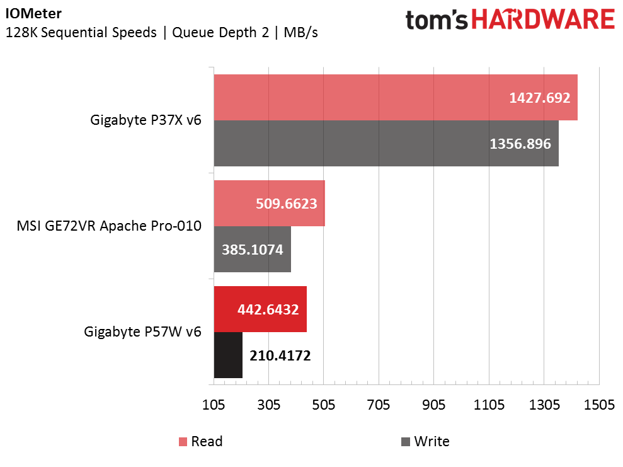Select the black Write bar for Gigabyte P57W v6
tap(228, 355)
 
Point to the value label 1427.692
tap(540, 98)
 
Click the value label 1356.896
tap(520, 144)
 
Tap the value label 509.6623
tap(287, 204)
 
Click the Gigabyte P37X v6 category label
tap(146, 120)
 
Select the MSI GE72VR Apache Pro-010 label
tap(109, 226)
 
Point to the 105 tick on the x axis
tap(214, 405)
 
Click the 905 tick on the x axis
tap(434, 405)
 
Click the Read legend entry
tap(201, 441)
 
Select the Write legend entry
tap(425, 441)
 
